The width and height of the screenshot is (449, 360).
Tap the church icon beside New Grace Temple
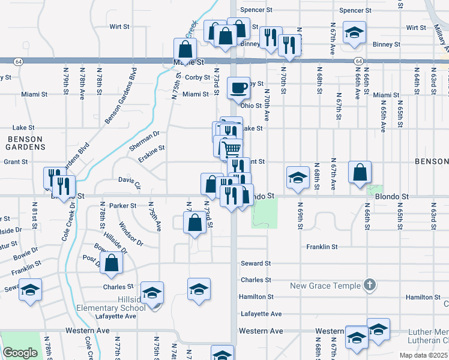[x=370, y=285]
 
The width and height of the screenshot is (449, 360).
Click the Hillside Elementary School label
[x=110, y=308]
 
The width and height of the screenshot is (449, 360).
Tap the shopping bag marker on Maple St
[x=185, y=49]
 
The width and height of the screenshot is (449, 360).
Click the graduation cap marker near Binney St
[x=354, y=32]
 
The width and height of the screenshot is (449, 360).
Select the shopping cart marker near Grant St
[x=232, y=148]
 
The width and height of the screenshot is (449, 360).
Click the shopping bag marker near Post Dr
[x=112, y=262]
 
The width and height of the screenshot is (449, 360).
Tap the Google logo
[x=20, y=353]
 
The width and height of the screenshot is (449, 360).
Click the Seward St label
[x=256, y=263]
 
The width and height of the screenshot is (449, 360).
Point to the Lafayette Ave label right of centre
[x=261, y=314]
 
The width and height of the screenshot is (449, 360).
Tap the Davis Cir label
[x=129, y=181]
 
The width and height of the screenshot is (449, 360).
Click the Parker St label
[x=124, y=205]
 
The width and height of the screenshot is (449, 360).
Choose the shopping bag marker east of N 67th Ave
[x=359, y=172]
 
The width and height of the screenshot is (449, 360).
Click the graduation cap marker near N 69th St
[x=297, y=177]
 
